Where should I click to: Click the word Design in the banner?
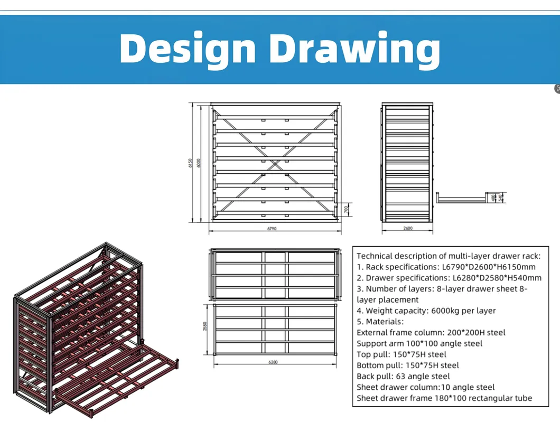pyautogui.click(x=187, y=49)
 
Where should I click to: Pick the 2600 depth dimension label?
pyautogui.click(x=407, y=229)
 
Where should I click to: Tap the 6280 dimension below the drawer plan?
pyautogui.click(x=273, y=362)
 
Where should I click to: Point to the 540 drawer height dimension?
pyautogui.click(x=500, y=198)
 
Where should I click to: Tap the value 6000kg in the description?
pyautogui.click(x=443, y=311)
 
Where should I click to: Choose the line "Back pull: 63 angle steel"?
pyautogui.click(x=403, y=376)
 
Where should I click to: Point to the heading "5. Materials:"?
pyautogui.click(x=380, y=321)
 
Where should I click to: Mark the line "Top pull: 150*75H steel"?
pyautogui.click(x=402, y=354)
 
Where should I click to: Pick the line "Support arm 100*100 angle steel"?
pyautogui.click(x=419, y=343)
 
